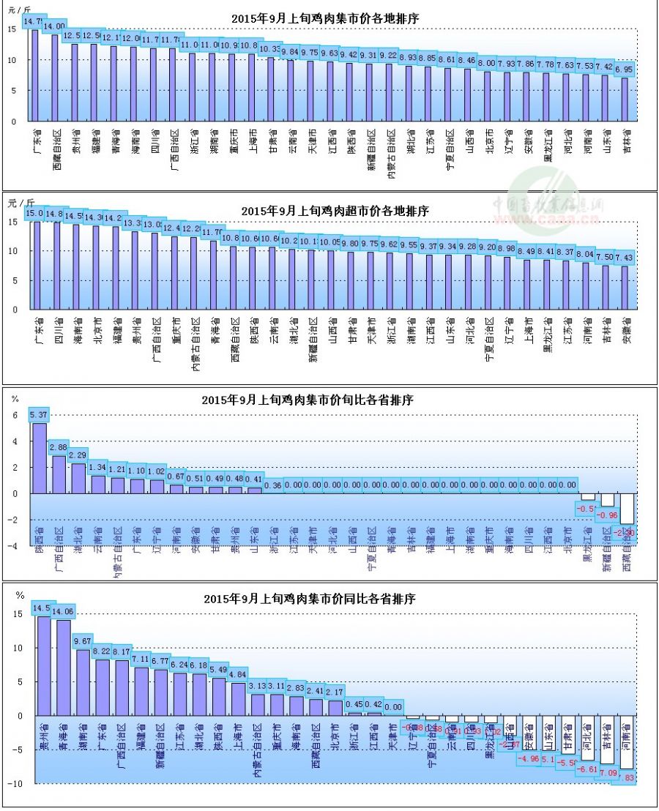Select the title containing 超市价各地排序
coord(335,211)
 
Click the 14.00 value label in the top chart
coord(55,26)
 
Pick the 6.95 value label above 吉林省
coord(624,70)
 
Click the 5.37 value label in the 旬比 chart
coord(39,415)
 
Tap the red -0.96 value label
coord(607,515)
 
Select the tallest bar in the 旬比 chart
coord(39,457)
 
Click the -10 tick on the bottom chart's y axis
coord(19,783)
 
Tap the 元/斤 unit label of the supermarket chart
coord(20,202)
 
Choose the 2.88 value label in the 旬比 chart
coord(59,447)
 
